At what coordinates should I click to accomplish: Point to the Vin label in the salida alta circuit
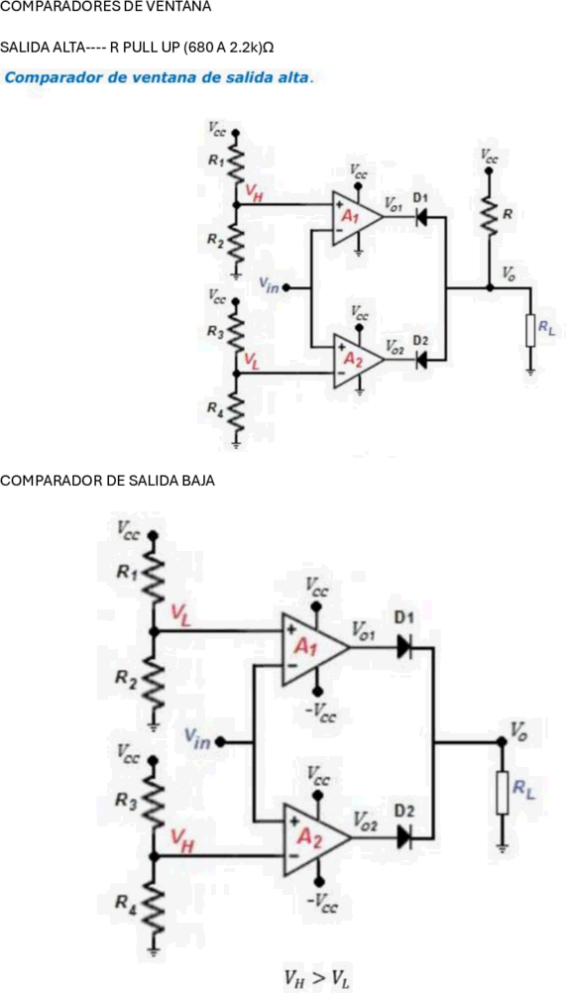269,285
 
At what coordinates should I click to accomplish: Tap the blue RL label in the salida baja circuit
523,789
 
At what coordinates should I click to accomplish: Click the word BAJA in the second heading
199,481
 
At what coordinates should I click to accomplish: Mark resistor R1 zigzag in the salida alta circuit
236,161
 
